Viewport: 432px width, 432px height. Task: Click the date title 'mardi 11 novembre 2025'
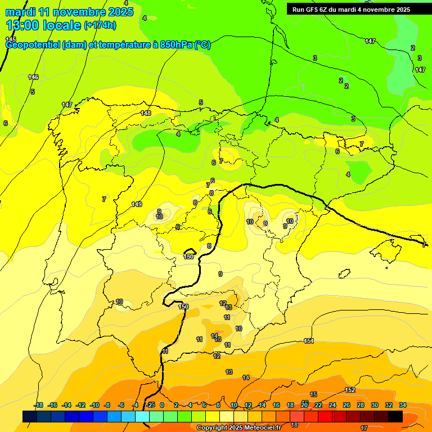[x=69, y=12]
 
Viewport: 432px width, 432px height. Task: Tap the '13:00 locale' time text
[x=43, y=25]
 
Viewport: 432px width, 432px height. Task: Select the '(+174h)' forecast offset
[x=100, y=25]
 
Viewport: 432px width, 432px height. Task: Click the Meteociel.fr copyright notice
[x=238, y=428]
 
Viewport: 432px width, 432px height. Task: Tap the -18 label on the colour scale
[x=39, y=405]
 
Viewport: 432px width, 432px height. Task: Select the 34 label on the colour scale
[x=402, y=405]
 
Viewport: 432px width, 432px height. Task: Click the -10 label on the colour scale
[x=94, y=405]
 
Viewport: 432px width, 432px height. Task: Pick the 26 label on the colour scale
[x=346, y=405]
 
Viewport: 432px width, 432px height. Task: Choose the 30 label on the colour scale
[x=375, y=405]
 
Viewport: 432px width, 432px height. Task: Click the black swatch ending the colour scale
[x=395, y=416]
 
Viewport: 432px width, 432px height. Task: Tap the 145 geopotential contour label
[x=11, y=39]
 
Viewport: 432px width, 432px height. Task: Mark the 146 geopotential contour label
[x=34, y=77]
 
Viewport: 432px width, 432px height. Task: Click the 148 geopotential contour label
[x=146, y=113]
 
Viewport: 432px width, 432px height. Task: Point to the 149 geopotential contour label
[x=137, y=204]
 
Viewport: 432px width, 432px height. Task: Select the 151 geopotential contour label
[x=308, y=341]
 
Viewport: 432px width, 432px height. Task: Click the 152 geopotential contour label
[x=350, y=390]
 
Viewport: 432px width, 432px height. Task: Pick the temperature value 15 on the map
[x=313, y=394]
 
